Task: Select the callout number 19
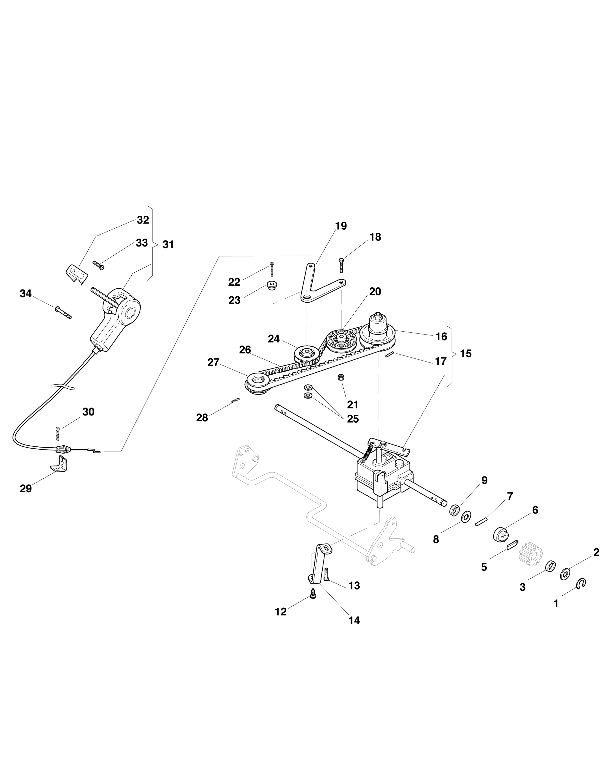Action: coord(341,226)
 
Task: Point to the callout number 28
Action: coord(202,418)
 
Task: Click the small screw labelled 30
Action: coord(58,434)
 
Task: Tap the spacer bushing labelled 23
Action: coord(272,286)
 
